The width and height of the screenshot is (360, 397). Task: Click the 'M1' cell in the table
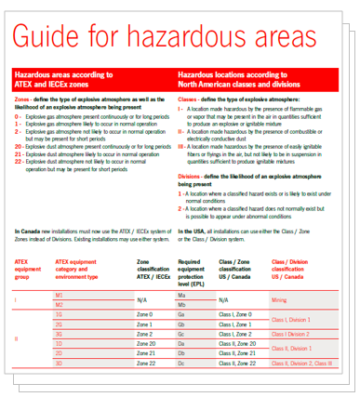pyautogui.click(x=59, y=295)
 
